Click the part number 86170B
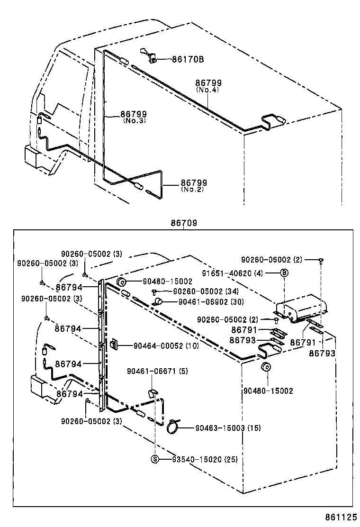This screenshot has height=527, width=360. [x=188, y=60]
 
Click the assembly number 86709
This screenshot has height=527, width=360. [x=184, y=223]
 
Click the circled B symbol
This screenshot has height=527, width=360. [x=284, y=273]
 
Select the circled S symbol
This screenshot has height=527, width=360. [x=154, y=459]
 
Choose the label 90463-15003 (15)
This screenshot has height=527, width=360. [x=228, y=428]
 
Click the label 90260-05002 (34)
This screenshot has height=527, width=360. [x=205, y=291]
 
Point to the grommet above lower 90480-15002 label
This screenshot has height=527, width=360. [x=266, y=368]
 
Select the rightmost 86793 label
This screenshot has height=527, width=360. [x=322, y=353]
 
